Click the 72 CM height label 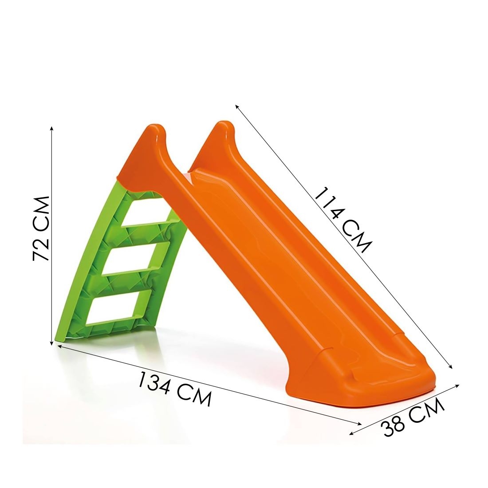[x=41, y=228]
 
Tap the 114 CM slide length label [x=342, y=220]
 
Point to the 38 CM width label [x=413, y=417]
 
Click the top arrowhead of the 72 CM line [x=51, y=128]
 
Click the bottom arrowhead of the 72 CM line [x=51, y=343]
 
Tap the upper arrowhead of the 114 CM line [x=236, y=106]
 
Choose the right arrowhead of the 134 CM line [x=360, y=423]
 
